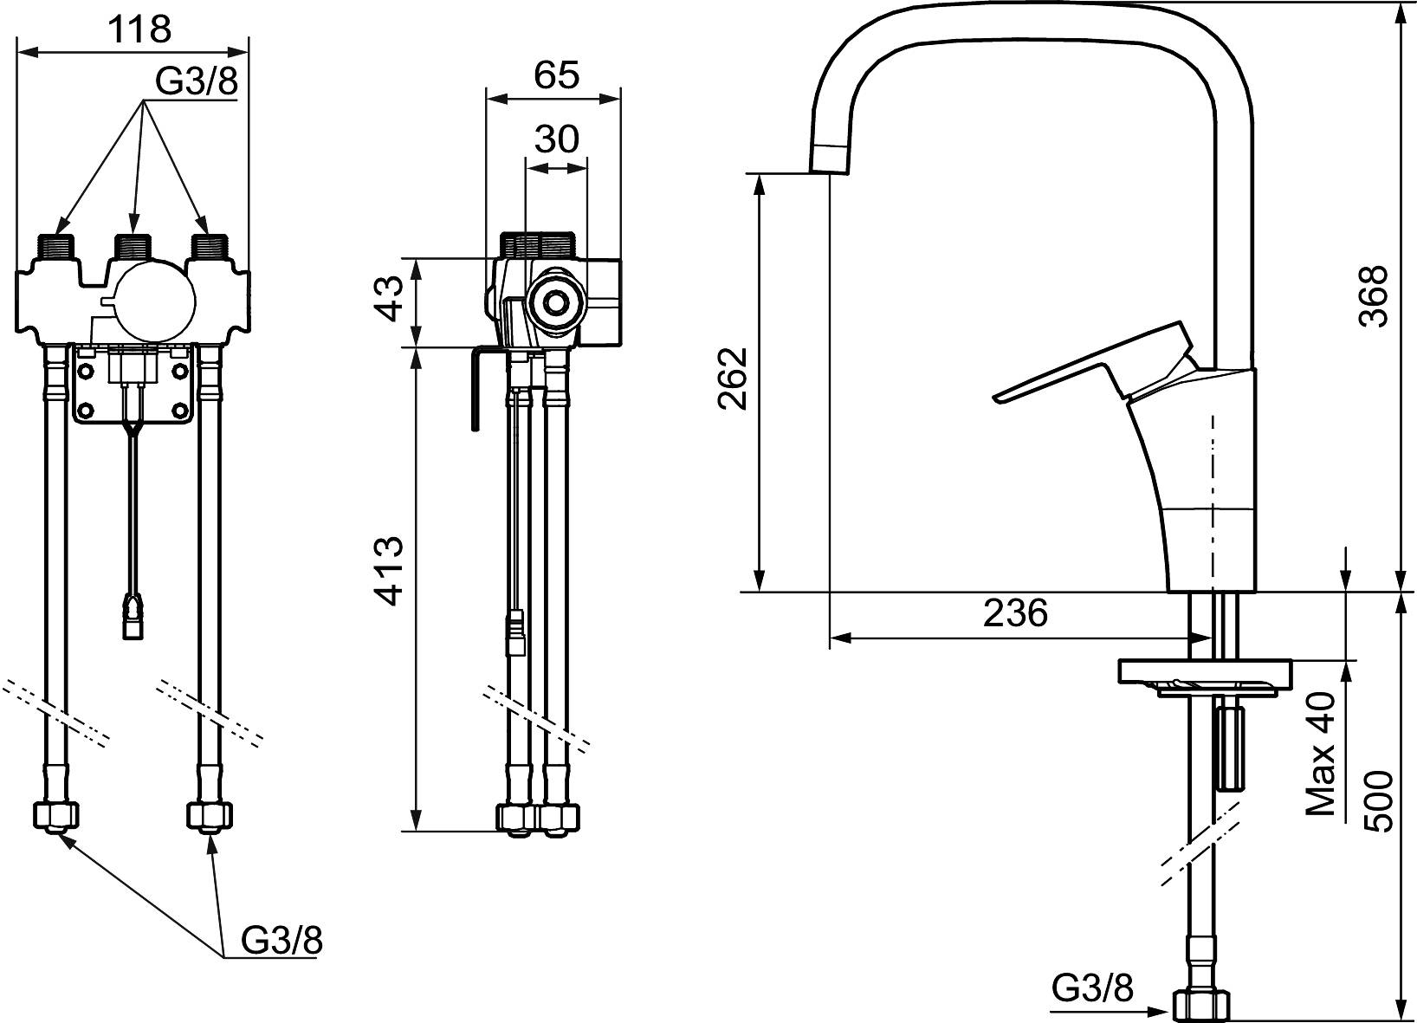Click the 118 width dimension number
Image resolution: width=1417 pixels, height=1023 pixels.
coord(139,29)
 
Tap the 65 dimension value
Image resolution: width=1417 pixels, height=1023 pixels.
coord(556,74)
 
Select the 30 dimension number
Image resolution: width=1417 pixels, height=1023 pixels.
coord(557,139)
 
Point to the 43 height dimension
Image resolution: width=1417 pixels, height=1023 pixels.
coord(388,299)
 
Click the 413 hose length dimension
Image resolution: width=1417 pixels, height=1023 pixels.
coord(388,572)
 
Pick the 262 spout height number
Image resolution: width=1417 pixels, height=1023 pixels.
coord(733,379)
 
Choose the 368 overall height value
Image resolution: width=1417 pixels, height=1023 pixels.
coord(1374,295)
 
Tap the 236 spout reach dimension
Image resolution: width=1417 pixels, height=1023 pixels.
coord(1015,612)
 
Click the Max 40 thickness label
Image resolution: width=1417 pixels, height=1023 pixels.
coord(1320,762)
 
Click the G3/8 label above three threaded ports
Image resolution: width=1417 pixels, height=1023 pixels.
coord(197,81)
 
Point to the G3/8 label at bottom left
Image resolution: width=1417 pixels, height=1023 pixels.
coord(282,941)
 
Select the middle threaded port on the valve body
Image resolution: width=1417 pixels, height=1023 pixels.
coord(132,246)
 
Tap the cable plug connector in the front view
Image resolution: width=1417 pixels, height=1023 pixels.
coord(133,613)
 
